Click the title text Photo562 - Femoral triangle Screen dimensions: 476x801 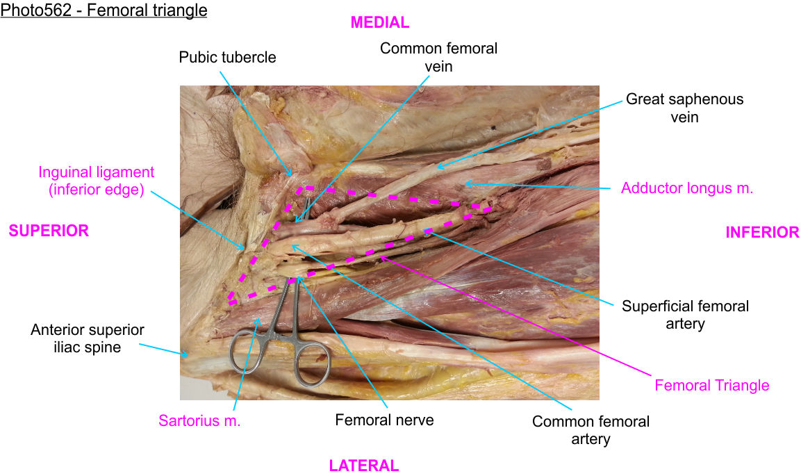click(x=104, y=12)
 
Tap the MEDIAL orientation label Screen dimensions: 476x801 click(x=379, y=22)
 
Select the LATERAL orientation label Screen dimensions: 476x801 click(x=363, y=466)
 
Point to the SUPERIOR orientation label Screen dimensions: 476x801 click(x=49, y=231)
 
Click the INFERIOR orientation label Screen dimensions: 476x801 click(x=762, y=232)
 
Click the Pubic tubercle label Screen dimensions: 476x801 click(x=227, y=57)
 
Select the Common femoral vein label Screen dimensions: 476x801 click(x=438, y=57)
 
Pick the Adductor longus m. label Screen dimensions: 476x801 click(x=687, y=188)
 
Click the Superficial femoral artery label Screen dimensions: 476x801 click(x=685, y=314)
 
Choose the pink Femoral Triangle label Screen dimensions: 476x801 click(x=712, y=385)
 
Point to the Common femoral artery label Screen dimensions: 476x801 click(x=591, y=429)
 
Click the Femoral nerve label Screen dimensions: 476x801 click(x=384, y=420)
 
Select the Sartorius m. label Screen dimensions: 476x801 click(x=199, y=420)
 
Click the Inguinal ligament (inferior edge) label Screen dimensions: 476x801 click(x=97, y=180)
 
